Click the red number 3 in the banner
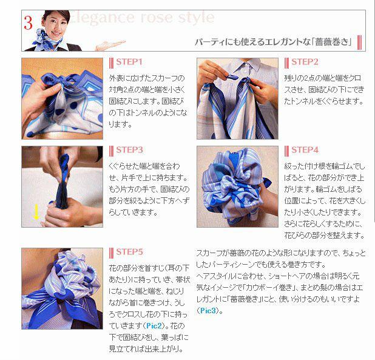(x=28, y=23)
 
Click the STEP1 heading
(x=129, y=62)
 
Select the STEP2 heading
(x=305, y=62)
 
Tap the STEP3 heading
(x=129, y=150)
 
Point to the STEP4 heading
(x=305, y=150)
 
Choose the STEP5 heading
(x=129, y=252)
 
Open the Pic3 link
(x=208, y=310)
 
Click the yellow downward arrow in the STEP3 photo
(x=36, y=212)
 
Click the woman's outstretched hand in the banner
(x=110, y=45)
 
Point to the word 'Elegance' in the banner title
(x=102, y=18)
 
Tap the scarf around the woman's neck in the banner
(x=47, y=40)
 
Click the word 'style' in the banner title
(x=195, y=18)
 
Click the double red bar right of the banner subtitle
(x=359, y=42)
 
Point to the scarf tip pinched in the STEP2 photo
(x=231, y=76)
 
